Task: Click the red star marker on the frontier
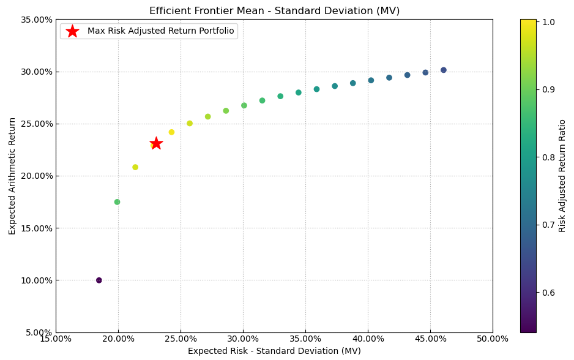click(156, 143)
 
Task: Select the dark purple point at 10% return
click(99, 280)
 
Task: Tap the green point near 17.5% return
click(117, 202)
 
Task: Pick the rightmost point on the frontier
click(444, 70)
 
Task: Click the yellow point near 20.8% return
click(135, 167)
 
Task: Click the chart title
click(274, 11)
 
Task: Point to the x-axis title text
click(274, 351)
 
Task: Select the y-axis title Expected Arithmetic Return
click(12, 176)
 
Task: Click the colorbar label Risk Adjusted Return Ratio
click(562, 176)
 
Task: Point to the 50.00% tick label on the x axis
click(492, 339)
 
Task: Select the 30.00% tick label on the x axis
click(243, 339)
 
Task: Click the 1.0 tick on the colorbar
click(548, 22)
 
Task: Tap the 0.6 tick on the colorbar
click(548, 293)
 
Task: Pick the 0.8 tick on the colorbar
click(548, 157)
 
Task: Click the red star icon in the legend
click(72, 31)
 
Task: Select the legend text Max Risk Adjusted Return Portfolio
click(160, 31)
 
